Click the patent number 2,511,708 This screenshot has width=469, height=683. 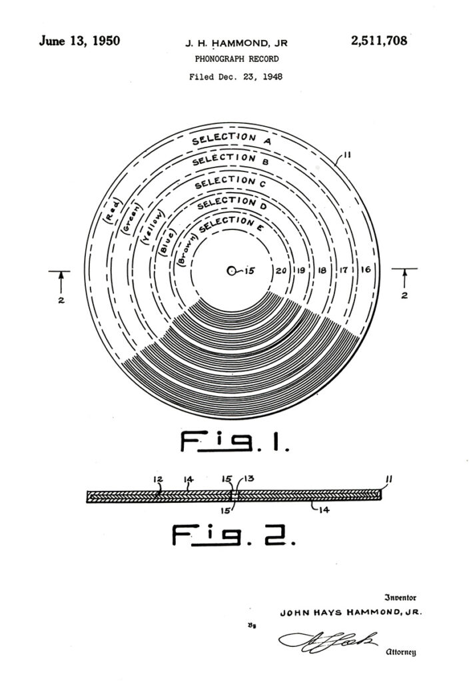tap(379, 41)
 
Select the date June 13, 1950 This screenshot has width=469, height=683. tap(79, 41)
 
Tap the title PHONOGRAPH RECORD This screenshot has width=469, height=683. tap(236, 59)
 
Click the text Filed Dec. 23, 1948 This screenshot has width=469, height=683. tap(236, 77)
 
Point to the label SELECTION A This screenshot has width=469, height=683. tap(232, 139)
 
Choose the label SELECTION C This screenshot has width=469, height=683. tap(230, 182)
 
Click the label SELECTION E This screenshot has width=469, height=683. tap(227, 226)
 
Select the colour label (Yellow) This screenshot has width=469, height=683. tap(154, 226)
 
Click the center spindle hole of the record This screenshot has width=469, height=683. tap(232, 271)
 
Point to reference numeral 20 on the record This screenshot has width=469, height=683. tap(281, 271)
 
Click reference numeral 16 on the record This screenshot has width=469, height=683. tap(366, 269)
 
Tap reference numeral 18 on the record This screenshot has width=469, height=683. tap(322, 271)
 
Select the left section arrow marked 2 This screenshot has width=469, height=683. tap(61, 282)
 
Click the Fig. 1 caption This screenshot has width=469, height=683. tap(235, 442)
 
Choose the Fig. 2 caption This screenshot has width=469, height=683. tap(234, 534)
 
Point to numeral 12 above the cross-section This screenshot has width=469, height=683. tap(158, 480)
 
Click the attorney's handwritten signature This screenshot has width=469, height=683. tap(328, 640)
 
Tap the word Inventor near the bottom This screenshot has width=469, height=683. tap(400, 598)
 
